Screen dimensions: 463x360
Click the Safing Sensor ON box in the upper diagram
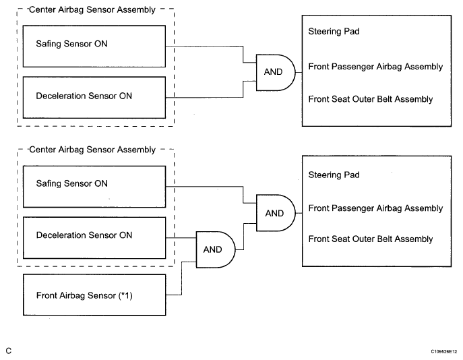click(x=94, y=47)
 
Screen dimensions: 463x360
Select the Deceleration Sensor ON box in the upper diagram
click(x=94, y=98)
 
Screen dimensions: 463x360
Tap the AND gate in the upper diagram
click(x=275, y=72)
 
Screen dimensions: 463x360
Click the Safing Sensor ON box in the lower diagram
click(x=94, y=187)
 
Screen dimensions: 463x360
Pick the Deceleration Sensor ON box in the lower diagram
click(x=94, y=238)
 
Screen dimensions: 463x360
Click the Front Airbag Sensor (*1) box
click(x=94, y=295)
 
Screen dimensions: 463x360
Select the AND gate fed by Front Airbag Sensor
click(x=216, y=249)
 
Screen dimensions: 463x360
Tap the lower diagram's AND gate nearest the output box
click(x=276, y=213)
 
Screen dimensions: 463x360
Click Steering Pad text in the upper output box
click(x=334, y=31)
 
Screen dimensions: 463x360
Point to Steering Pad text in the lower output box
click(x=334, y=175)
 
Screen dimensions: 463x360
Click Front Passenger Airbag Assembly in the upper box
click(x=375, y=67)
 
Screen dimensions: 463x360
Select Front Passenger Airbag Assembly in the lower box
click(x=375, y=208)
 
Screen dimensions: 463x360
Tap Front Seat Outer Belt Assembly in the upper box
click(x=370, y=99)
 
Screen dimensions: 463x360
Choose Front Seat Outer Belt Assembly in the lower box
click(x=370, y=239)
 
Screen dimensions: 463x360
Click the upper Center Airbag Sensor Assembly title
click(x=92, y=9)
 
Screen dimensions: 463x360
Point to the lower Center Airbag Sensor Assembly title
click(x=92, y=150)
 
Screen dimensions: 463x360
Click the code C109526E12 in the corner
click(x=444, y=351)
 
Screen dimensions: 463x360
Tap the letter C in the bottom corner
click(x=9, y=351)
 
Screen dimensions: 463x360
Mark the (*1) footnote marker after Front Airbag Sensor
click(x=125, y=295)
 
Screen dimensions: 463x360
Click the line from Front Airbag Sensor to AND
click(x=181, y=278)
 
